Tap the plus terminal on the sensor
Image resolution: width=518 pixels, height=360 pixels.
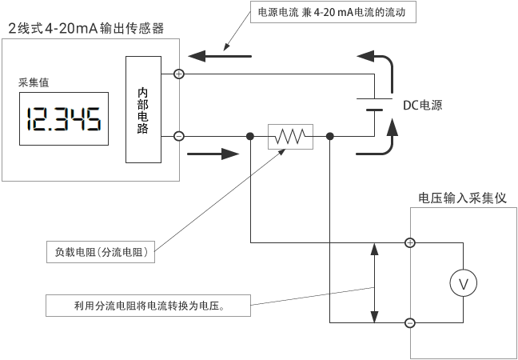(x=179, y=74)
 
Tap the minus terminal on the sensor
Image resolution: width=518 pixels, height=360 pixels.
(x=179, y=137)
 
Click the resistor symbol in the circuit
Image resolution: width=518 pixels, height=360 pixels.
(x=289, y=137)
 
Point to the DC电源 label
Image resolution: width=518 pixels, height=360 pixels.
(x=422, y=105)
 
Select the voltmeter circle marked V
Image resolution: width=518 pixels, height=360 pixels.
(x=461, y=282)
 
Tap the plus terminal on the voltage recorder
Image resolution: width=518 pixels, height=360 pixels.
(x=410, y=242)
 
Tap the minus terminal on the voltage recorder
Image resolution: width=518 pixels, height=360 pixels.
(x=410, y=323)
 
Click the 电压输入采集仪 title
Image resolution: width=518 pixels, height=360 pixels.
(x=462, y=198)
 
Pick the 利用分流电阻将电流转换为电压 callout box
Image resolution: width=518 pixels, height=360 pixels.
(x=148, y=305)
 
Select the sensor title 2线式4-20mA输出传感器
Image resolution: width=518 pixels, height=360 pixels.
(x=86, y=29)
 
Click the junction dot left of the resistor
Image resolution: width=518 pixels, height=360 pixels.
(x=250, y=137)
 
